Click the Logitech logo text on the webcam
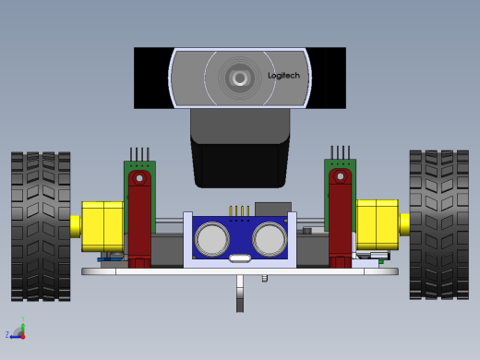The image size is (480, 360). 283,76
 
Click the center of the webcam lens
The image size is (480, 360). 240,78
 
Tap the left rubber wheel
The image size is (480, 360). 41,226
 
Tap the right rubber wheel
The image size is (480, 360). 439,224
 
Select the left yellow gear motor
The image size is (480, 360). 102,226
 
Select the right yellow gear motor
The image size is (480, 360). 378,224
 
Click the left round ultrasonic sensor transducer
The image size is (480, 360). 212,239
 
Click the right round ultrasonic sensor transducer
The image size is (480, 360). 270,239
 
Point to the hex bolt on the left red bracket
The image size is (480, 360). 139,178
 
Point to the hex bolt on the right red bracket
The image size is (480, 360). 341,176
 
